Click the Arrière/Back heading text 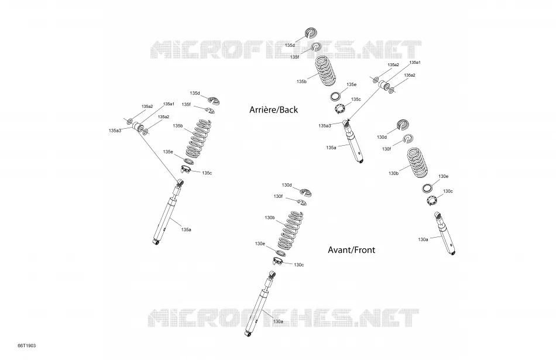tap(273, 109)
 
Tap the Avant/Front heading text tap(351, 250)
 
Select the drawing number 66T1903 tap(27, 345)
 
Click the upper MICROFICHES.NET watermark tap(286, 49)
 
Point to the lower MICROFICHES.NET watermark tap(283, 317)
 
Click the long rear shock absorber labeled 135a tap(168, 213)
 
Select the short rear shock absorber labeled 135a tap(353, 142)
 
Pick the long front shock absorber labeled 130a tap(260, 303)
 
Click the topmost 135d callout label tap(290, 46)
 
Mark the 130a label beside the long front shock tap(278, 322)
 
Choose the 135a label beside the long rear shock tap(186, 229)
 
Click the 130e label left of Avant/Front tap(260, 244)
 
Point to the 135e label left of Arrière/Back tap(168, 152)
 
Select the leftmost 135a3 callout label tap(115, 131)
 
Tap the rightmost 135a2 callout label tap(410, 75)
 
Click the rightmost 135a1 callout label tap(415, 63)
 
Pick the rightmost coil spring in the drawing tap(417, 163)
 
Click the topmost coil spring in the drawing tap(325, 71)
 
